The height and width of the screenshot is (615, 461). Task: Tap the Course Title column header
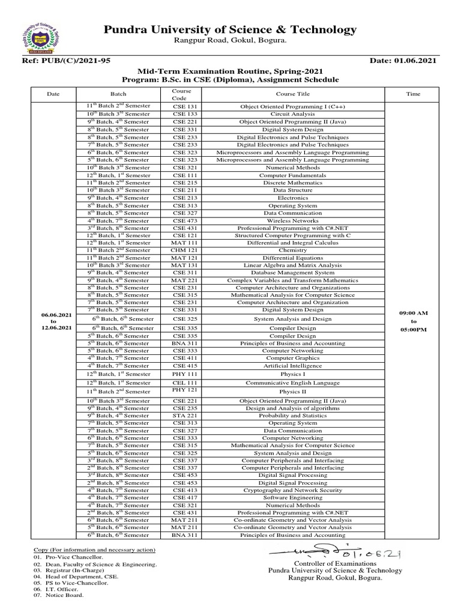pyautogui.click(x=292, y=94)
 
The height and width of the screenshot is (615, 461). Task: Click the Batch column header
pyautogui.click(x=118, y=94)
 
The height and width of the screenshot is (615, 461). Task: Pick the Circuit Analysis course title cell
pyautogui.click(x=292, y=114)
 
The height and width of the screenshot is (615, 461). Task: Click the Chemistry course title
pyautogui.click(x=292, y=250)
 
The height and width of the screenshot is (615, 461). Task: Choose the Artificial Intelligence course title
pyautogui.click(x=292, y=365)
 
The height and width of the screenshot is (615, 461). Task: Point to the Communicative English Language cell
pyautogui.click(x=292, y=383)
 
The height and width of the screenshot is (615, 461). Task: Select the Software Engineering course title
pyautogui.click(x=292, y=497)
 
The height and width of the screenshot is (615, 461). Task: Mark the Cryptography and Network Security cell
pyautogui.click(x=292, y=490)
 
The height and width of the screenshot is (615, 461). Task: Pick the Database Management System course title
pyautogui.click(x=292, y=273)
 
